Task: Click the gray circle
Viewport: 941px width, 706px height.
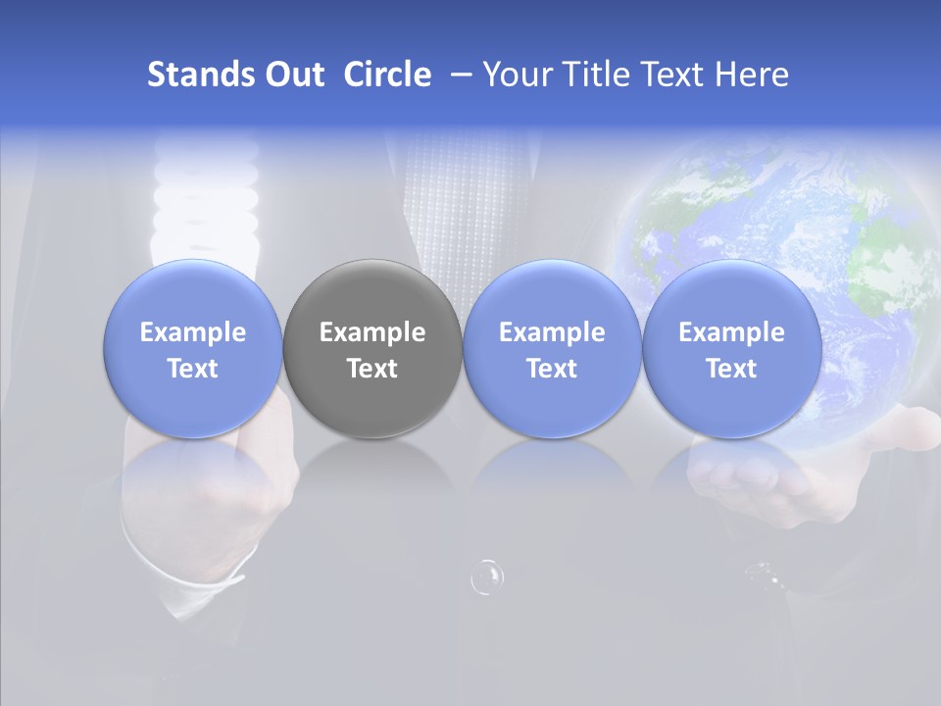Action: click(x=372, y=348)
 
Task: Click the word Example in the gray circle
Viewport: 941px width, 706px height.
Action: click(x=372, y=332)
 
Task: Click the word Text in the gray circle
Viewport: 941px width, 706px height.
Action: click(x=372, y=369)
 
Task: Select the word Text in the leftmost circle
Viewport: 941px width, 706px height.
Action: click(x=193, y=369)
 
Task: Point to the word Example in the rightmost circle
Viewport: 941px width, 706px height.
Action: click(x=731, y=332)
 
